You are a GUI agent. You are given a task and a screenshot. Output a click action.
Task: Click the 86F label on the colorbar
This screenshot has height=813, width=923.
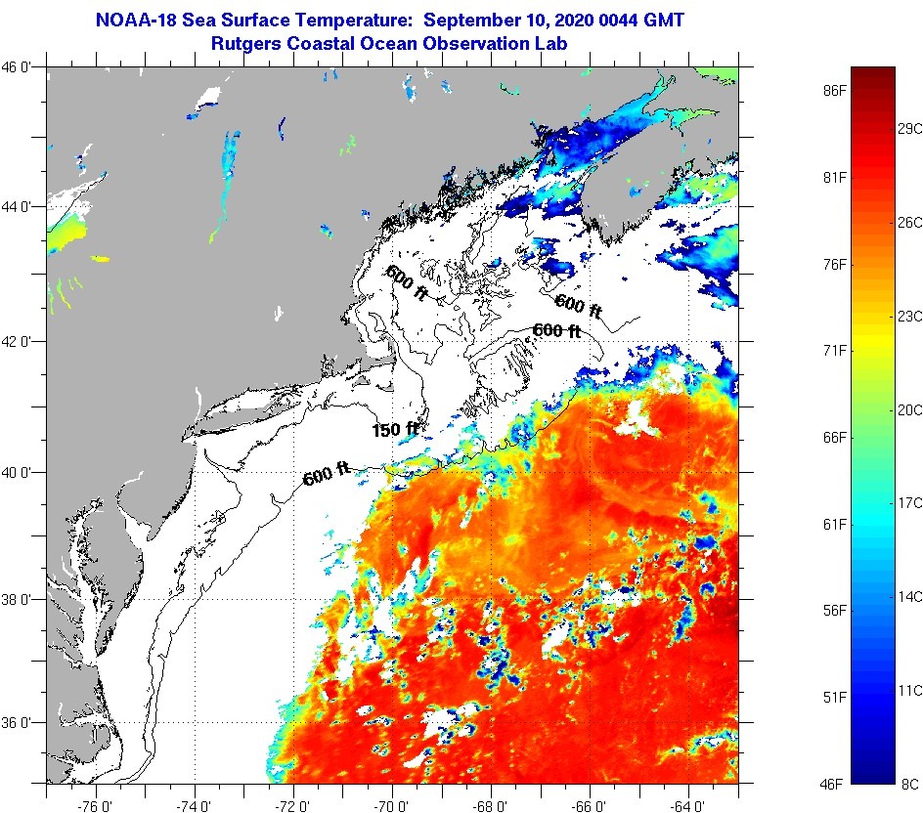pyautogui.click(x=834, y=91)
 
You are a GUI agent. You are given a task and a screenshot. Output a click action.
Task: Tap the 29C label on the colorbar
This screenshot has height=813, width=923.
pyautogui.click(x=910, y=129)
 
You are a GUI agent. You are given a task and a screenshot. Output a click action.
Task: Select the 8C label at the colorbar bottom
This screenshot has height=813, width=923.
pyautogui.click(x=909, y=784)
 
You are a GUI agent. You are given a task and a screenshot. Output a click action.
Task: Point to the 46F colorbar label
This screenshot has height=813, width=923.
pyautogui.click(x=834, y=784)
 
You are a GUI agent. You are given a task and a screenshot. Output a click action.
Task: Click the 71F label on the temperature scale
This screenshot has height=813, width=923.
pyautogui.click(x=834, y=350)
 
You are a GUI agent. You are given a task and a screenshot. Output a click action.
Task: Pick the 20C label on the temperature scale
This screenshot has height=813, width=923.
pyautogui.click(x=910, y=410)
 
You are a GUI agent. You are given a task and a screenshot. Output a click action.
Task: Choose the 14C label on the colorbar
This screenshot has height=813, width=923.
pyautogui.click(x=910, y=596)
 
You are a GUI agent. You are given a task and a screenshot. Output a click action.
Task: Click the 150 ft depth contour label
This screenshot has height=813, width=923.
pyautogui.click(x=395, y=429)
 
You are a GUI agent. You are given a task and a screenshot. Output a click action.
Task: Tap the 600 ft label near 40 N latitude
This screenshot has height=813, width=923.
pyautogui.click(x=327, y=477)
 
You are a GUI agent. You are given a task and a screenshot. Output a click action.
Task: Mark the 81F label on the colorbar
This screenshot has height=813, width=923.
pyautogui.click(x=834, y=177)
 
